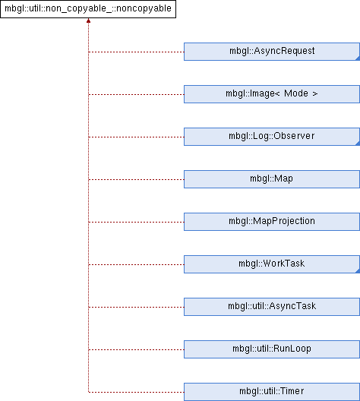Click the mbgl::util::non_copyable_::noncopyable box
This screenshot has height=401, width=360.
pos(88,9)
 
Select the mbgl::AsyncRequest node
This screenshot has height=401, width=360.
pos(272,52)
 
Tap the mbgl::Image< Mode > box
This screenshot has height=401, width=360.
pos(272,94)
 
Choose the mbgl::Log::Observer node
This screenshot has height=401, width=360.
pos(272,137)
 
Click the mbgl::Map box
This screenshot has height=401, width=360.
pos(272,179)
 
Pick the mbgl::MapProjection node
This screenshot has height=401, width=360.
pos(272,222)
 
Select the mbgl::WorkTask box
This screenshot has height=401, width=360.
pos(272,264)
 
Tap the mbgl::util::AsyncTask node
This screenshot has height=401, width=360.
pos(272,307)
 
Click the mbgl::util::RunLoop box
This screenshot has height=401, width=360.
pos(272,349)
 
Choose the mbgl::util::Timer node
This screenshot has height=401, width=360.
pos(272,392)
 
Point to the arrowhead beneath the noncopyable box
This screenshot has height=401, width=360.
pos(88,21)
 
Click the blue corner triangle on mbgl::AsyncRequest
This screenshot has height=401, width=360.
pos(358,58)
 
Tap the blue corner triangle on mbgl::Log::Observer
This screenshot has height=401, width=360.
pos(358,144)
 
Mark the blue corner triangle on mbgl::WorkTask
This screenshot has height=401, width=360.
pos(358,271)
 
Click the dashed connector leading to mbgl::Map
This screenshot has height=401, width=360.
pos(136,179)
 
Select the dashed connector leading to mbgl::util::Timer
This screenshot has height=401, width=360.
pos(136,392)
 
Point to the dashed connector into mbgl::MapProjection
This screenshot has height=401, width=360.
pos(136,222)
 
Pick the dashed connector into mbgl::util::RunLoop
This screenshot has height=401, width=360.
pos(136,349)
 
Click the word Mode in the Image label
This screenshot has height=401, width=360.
pos(296,93)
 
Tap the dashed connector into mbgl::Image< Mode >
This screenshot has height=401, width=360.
pos(136,95)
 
